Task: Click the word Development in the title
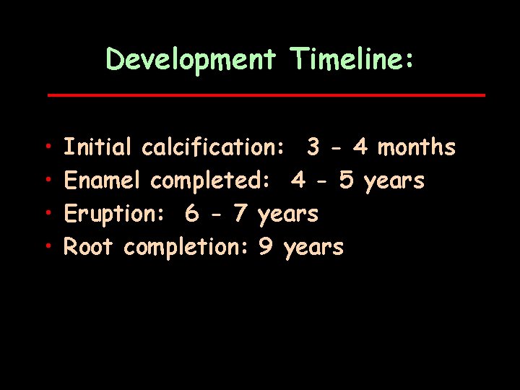191,59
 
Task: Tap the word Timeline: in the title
352,59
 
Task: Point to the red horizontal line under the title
266,95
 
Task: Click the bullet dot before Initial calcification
45,148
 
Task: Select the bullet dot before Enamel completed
45,181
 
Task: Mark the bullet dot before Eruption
45,214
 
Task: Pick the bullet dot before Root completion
45,248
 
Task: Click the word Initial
98,148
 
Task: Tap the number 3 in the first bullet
313,148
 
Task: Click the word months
417,148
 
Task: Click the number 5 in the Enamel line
346,181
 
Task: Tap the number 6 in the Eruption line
191,214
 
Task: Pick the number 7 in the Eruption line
240,214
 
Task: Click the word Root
89,248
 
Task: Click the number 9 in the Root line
265,248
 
